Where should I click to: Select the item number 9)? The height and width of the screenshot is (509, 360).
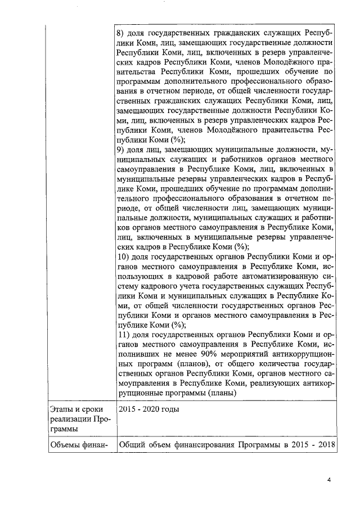click(x=120, y=150)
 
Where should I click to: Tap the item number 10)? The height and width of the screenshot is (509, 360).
click(x=123, y=256)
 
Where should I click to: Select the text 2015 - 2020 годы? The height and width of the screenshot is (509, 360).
click(x=148, y=409)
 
